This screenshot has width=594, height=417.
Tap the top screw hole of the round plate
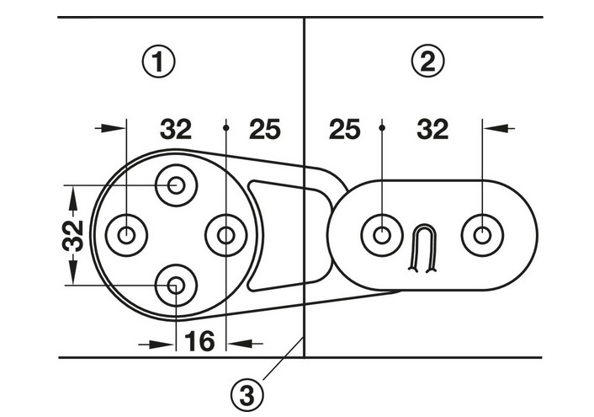pos(176,184)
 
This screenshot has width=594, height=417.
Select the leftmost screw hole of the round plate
pos(125,235)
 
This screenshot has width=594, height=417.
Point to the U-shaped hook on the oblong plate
pos(424,249)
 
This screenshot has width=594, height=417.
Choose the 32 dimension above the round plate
pos(176,130)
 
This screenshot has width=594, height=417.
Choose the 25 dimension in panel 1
pos(266,130)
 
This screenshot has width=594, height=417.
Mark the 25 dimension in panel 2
pos(345,130)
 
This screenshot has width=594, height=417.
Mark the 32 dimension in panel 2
pos(432,130)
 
